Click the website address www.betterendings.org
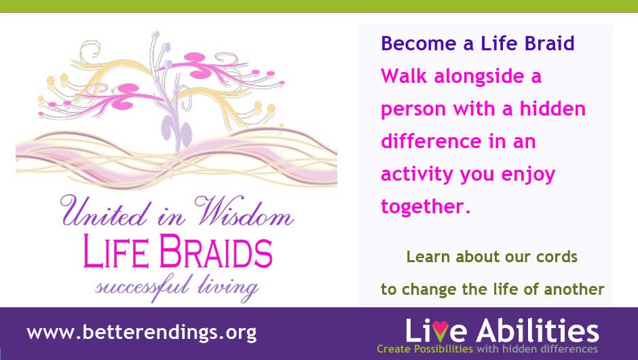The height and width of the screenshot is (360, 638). [x=142, y=333]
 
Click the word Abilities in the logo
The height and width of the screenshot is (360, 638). [x=538, y=330]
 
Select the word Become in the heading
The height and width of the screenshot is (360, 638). [x=419, y=43]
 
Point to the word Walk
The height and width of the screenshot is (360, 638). [x=404, y=76]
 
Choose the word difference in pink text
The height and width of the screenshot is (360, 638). [x=431, y=141]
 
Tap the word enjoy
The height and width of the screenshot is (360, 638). [x=528, y=175]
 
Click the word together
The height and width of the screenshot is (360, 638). [x=425, y=207]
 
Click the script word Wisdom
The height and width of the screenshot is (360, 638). [x=244, y=211]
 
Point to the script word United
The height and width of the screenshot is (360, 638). [x=103, y=211]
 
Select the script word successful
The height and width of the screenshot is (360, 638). [x=143, y=286]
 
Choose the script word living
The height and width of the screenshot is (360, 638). [x=228, y=287]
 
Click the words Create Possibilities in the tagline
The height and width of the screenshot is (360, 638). [x=425, y=349]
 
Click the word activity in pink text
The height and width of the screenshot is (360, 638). [x=417, y=175]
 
